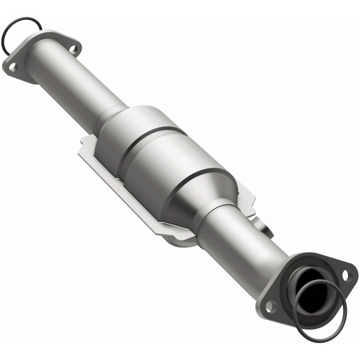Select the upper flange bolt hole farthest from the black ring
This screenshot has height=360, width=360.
(73, 48)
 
